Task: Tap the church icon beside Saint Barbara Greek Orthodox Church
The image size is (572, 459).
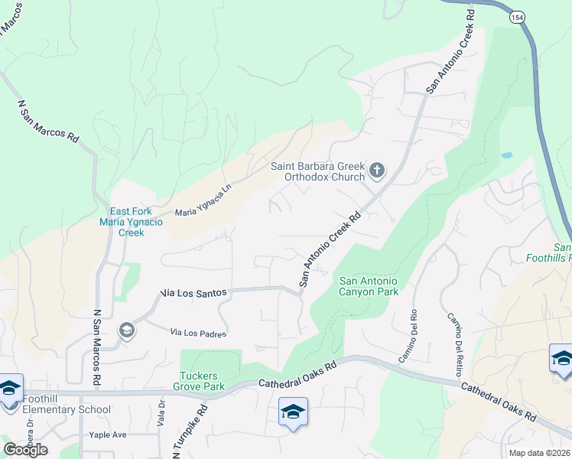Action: pyautogui.click(x=376, y=169)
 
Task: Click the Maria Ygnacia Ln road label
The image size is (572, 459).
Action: pyautogui.click(x=203, y=203)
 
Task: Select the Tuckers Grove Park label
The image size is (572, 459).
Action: pyautogui.click(x=202, y=381)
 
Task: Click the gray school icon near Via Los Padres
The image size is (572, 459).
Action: pyautogui.click(x=126, y=330)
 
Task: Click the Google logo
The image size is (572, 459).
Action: pyautogui.click(x=24, y=449)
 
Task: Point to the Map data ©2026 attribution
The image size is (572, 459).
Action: pyautogui.click(x=540, y=453)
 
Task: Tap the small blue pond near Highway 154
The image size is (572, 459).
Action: pyautogui.click(x=506, y=155)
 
